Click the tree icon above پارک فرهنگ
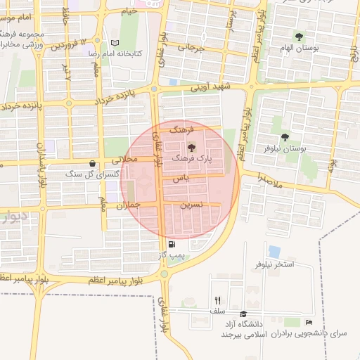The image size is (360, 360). point(192,147)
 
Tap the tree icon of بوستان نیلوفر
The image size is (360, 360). point(285,138)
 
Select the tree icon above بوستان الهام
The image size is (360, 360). point(300,37)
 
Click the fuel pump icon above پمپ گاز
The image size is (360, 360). point(172,244)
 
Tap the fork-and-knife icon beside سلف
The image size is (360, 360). point(217,300)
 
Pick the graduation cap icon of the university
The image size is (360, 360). point(243,314)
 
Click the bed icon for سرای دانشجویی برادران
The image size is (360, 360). point(309,322)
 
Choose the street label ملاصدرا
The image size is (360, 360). point(269,180)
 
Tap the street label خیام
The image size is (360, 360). point(129,11)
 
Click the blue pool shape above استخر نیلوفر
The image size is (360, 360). point(274,251)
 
